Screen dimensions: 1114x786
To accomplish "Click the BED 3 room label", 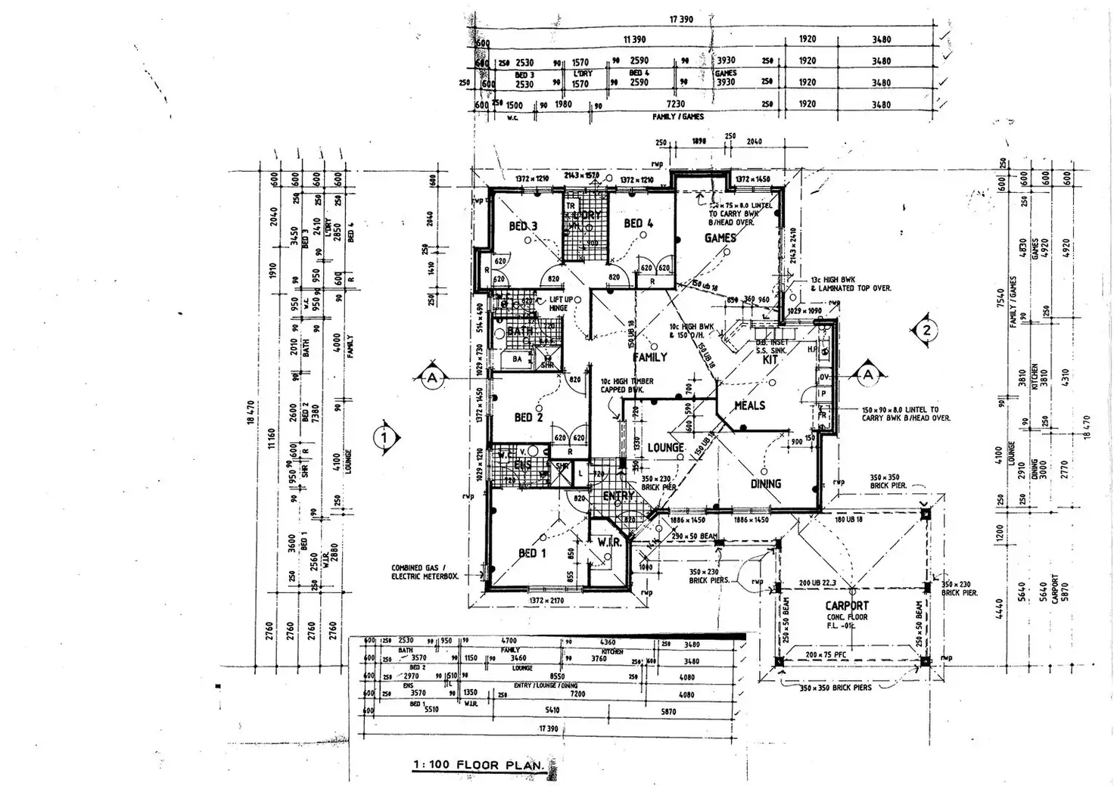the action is tap(523, 226).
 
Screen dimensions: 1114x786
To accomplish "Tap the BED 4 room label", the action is tap(638, 223).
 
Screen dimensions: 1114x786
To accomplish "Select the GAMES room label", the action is tap(720, 238).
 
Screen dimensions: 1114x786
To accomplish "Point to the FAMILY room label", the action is tap(650, 356).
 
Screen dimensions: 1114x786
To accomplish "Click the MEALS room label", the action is tap(750, 405).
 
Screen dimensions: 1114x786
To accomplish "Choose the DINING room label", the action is tap(765, 483).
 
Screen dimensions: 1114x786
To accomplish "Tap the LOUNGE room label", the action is tap(665, 448).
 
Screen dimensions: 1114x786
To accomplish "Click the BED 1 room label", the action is tap(528, 553).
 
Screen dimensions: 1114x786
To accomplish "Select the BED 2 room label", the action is tap(529, 417).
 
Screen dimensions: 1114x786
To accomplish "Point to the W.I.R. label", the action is tap(608, 542).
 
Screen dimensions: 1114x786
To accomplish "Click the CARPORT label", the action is tap(847, 605).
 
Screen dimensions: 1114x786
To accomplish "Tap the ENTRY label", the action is tap(618, 496).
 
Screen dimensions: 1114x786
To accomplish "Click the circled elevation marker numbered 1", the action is tap(385, 436).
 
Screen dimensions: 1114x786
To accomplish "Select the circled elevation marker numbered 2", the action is tap(926, 330).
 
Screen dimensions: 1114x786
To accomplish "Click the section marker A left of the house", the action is tap(431, 376).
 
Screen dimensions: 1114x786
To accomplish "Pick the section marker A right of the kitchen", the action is tap(867, 374).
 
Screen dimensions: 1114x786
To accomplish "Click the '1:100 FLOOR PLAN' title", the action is tap(478, 765).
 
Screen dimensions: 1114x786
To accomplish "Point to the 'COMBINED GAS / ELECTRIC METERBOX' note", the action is tap(425, 572).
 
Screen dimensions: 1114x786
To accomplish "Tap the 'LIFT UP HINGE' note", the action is tap(560, 304).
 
